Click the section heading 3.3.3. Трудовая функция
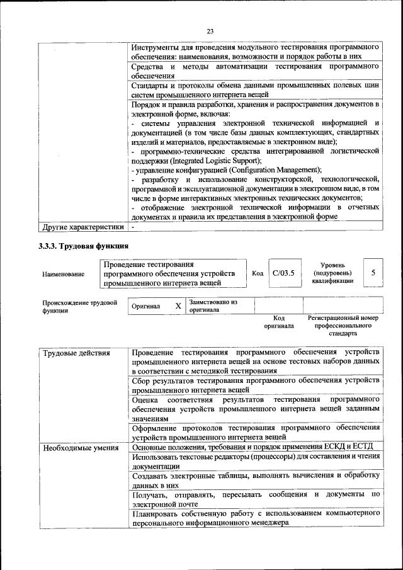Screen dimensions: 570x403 (83, 246)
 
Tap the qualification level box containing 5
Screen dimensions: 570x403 (373, 273)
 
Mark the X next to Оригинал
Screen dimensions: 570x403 (178, 305)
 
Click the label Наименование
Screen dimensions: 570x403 (64, 274)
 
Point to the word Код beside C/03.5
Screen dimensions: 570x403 (257, 273)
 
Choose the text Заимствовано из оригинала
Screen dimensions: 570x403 (213, 305)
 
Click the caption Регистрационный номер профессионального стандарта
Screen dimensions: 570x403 (343, 326)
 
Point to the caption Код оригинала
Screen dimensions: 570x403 (279, 322)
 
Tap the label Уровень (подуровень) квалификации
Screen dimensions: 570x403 (332, 273)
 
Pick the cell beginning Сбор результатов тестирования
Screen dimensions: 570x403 (256, 385)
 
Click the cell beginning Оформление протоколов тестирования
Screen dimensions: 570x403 (256, 433)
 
